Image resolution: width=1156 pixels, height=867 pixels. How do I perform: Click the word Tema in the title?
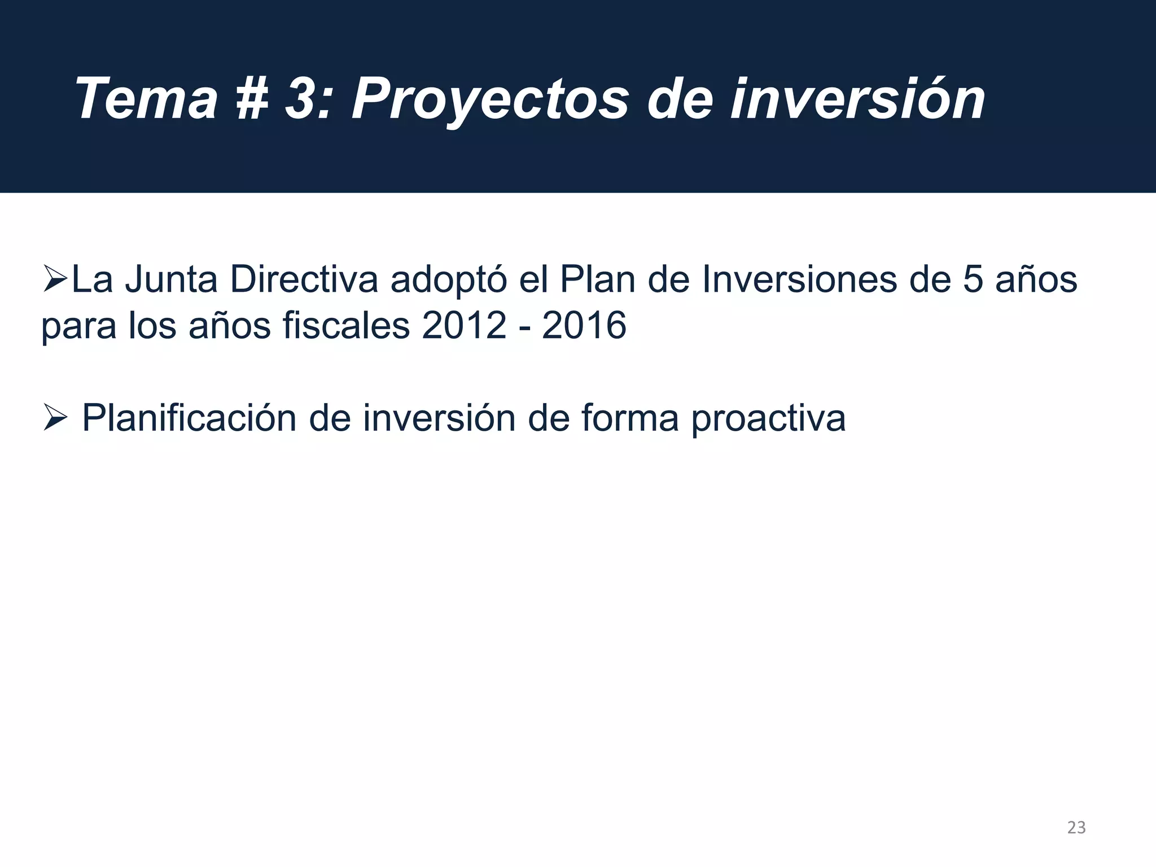click(x=146, y=99)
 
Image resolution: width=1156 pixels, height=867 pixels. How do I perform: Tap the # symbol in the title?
click(x=251, y=99)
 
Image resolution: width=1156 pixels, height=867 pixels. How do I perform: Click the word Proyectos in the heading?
click(x=489, y=99)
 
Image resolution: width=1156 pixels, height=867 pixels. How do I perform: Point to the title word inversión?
click(x=857, y=99)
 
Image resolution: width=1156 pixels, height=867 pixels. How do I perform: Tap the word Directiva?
click(x=304, y=280)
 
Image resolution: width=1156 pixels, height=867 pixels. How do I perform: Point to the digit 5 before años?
click(x=973, y=280)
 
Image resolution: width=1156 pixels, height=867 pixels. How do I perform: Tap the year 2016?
click(x=584, y=326)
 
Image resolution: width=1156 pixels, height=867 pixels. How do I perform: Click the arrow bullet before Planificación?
click(x=55, y=419)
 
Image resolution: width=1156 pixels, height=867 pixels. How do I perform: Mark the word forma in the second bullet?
click(x=629, y=419)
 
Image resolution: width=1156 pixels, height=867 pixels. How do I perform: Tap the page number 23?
click(x=1076, y=827)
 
